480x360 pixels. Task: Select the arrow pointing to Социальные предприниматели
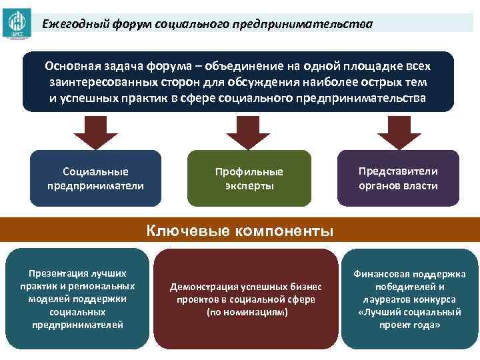pos(95,131)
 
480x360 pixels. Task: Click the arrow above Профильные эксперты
pos(248,131)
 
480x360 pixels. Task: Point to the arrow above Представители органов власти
pos(399,131)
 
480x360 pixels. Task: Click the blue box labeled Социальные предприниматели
pos(95,178)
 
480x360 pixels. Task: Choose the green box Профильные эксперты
pos(249,178)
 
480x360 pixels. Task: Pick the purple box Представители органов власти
pos(398,178)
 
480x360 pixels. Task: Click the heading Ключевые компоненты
pos(240,231)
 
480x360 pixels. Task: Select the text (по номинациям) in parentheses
pos(247,312)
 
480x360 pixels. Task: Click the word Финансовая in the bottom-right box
pos(383,274)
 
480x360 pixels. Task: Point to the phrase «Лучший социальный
pos(410,312)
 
